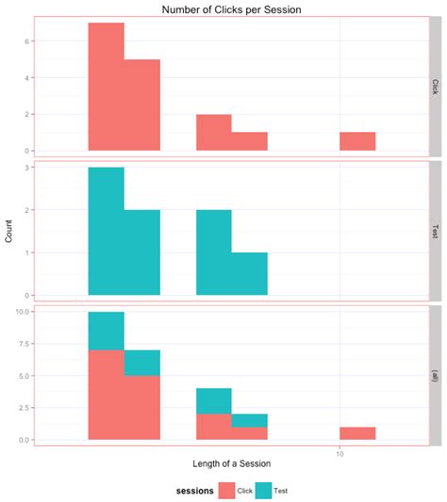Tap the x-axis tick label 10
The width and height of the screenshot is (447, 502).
(339, 454)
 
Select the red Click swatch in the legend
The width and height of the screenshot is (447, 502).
(226, 491)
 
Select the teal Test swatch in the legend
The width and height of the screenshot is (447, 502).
(278, 491)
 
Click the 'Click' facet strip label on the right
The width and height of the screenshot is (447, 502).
(435, 87)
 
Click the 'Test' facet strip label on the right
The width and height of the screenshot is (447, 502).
(435, 232)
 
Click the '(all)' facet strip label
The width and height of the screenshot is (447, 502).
(435, 373)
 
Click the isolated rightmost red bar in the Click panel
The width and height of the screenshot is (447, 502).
(357, 141)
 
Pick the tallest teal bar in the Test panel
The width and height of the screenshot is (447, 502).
(107, 232)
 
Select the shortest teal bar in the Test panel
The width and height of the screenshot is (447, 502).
(250, 274)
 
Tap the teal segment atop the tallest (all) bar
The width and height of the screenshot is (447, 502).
(107, 331)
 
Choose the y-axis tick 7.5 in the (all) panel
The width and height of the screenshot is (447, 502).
(27, 344)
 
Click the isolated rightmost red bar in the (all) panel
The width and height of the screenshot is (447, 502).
(357, 433)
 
